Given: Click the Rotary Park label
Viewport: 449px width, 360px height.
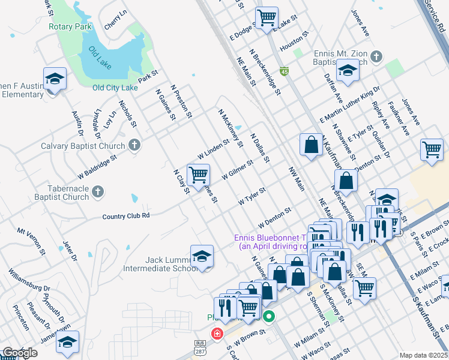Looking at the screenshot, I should [x=70, y=27].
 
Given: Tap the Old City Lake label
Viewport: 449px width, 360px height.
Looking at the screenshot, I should [x=115, y=88].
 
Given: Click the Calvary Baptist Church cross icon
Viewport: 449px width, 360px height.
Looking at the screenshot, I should [x=134, y=145].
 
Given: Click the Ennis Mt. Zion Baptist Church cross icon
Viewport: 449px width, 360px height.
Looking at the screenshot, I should [x=376, y=57].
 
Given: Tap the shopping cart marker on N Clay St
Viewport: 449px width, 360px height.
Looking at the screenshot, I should [x=198, y=175].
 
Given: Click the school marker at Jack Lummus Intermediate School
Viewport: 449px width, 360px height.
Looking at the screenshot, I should [x=202, y=256].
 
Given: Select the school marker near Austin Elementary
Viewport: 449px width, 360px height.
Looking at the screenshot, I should [x=55, y=79].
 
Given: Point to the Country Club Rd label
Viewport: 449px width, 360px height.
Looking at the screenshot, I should [x=126, y=216].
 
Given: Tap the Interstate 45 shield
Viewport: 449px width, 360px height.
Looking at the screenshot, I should [x=283, y=71].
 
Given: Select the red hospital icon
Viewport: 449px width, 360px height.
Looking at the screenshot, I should [x=215, y=332].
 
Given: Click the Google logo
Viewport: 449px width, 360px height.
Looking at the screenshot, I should [x=20, y=353].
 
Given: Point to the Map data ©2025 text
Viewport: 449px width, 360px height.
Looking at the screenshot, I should [x=424, y=355].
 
